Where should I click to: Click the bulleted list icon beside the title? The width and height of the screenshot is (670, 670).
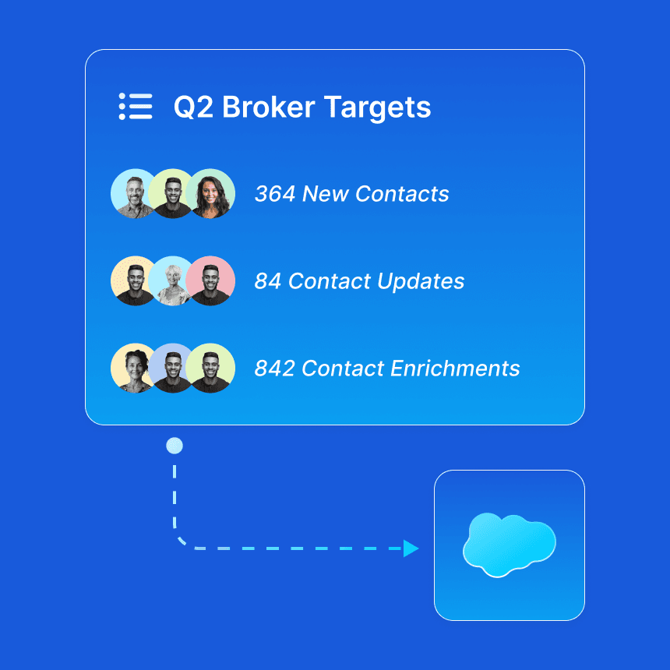pyautogui.click(x=136, y=106)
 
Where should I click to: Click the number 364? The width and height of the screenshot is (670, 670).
pyautogui.click(x=274, y=194)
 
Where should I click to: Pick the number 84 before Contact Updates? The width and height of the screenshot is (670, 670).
pyautogui.click(x=267, y=281)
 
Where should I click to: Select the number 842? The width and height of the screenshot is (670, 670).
pyautogui.click(x=274, y=368)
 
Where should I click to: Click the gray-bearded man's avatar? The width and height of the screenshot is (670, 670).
pyautogui.click(x=135, y=194)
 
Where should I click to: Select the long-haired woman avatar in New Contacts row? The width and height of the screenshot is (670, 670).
pyautogui.click(x=211, y=194)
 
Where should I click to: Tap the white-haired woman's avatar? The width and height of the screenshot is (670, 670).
pyautogui.click(x=172, y=281)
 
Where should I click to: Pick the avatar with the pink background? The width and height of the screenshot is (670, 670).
pyautogui.click(x=211, y=281)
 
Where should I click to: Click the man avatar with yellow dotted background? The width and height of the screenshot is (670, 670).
pyautogui.click(x=135, y=281)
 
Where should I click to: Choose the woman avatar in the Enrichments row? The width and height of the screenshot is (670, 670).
pyautogui.click(x=135, y=368)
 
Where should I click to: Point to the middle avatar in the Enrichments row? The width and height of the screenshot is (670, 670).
pyautogui.click(x=172, y=368)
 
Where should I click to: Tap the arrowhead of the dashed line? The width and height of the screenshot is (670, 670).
pyautogui.click(x=411, y=549)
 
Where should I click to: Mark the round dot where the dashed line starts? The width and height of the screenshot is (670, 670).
pyautogui.click(x=175, y=446)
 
